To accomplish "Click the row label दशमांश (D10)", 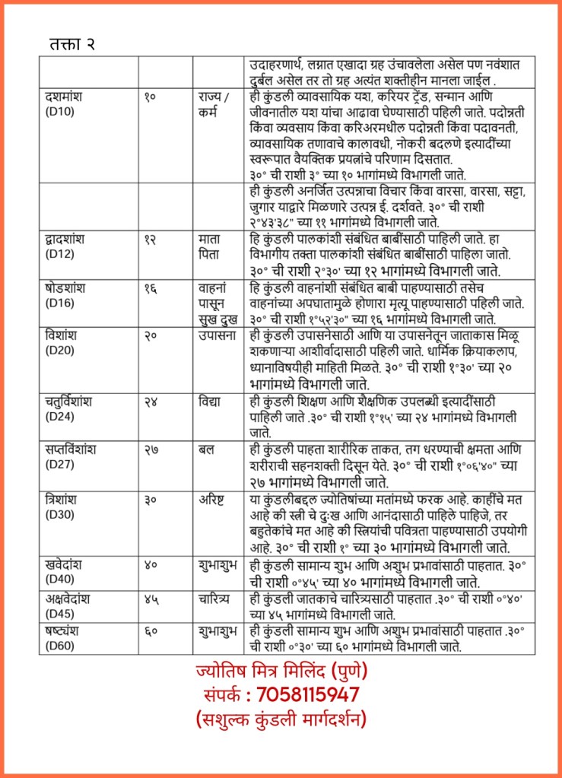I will (64, 103).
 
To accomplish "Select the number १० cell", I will (151, 97).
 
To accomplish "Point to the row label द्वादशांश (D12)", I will (64, 246).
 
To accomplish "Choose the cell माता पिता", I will (209, 246).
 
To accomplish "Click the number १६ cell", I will (151, 288).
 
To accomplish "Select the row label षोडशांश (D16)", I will (64, 294).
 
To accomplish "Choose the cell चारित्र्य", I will (216, 599).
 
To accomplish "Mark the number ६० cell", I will (151, 632).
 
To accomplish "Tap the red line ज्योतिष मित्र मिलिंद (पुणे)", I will (280, 672).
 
